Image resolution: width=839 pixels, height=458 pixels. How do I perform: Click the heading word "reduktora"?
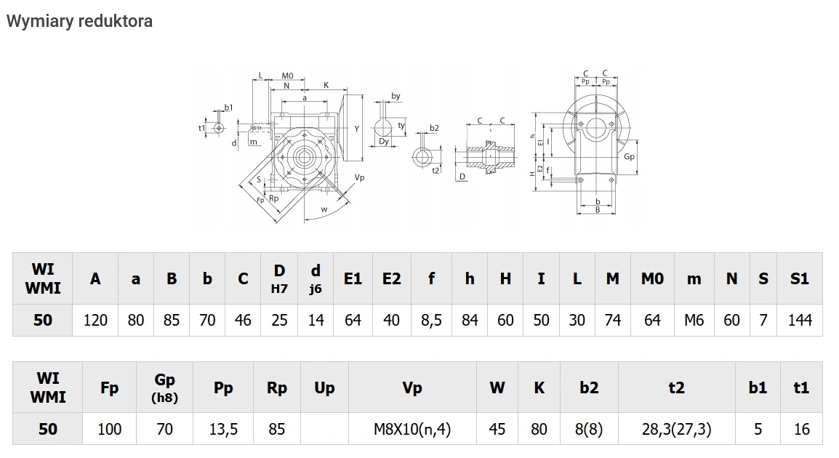116,20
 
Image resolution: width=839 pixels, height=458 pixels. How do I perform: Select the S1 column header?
800,278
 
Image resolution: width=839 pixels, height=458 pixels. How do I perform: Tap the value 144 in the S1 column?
800,320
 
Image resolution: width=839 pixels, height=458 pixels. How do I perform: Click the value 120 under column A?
95,320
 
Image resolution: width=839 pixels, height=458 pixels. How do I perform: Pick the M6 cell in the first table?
694,320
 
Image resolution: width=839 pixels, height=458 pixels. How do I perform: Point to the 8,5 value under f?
431,320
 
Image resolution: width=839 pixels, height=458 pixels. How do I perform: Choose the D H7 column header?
279,278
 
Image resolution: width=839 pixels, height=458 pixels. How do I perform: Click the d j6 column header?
316,278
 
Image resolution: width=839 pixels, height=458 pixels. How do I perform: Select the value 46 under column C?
243,320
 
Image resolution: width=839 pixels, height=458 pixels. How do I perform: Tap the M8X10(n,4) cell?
412,429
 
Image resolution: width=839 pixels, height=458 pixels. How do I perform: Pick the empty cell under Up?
324,429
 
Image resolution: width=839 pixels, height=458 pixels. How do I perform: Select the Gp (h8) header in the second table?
165,387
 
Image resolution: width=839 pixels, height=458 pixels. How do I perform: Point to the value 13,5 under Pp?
223,429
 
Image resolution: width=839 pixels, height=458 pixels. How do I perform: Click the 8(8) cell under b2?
589,429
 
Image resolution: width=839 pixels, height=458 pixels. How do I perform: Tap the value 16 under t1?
801,429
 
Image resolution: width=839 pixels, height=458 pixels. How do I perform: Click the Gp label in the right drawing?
629,156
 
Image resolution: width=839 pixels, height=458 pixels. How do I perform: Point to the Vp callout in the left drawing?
359,177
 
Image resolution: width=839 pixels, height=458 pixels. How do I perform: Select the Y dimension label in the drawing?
356,129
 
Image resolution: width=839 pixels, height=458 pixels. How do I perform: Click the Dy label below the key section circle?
384,142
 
